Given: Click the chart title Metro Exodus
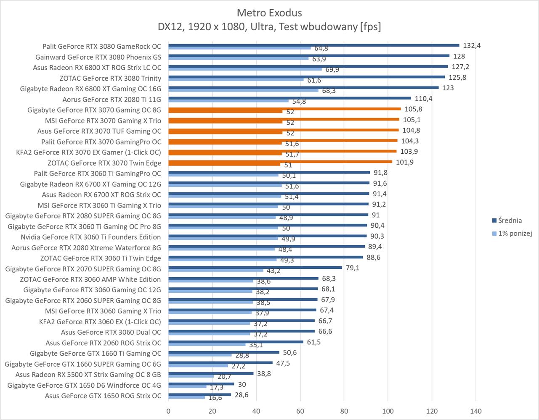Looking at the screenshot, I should point(269,12).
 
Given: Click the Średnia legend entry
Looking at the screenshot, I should point(510,220).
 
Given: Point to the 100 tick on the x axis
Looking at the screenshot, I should point(388,411).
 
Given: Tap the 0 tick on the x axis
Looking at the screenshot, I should point(168,411).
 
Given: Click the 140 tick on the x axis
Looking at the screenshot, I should point(476,411).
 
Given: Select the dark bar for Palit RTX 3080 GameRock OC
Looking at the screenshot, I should point(313,45).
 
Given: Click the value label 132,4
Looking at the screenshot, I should point(472,45).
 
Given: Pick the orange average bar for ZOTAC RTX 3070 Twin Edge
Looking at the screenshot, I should point(280,162).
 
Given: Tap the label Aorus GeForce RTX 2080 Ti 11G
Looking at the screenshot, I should point(112,100).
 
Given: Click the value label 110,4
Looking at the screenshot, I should point(423,98).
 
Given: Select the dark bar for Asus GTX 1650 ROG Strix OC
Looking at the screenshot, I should point(199,394).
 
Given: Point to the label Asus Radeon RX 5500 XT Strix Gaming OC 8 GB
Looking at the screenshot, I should point(88,375).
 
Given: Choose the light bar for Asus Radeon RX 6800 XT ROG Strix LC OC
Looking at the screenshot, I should point(245,69).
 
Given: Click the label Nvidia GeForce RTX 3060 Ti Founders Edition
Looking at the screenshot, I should point(91,237).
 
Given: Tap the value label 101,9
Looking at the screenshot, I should point(404,162).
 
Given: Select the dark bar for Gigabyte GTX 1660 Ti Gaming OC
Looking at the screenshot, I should point(224,352).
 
